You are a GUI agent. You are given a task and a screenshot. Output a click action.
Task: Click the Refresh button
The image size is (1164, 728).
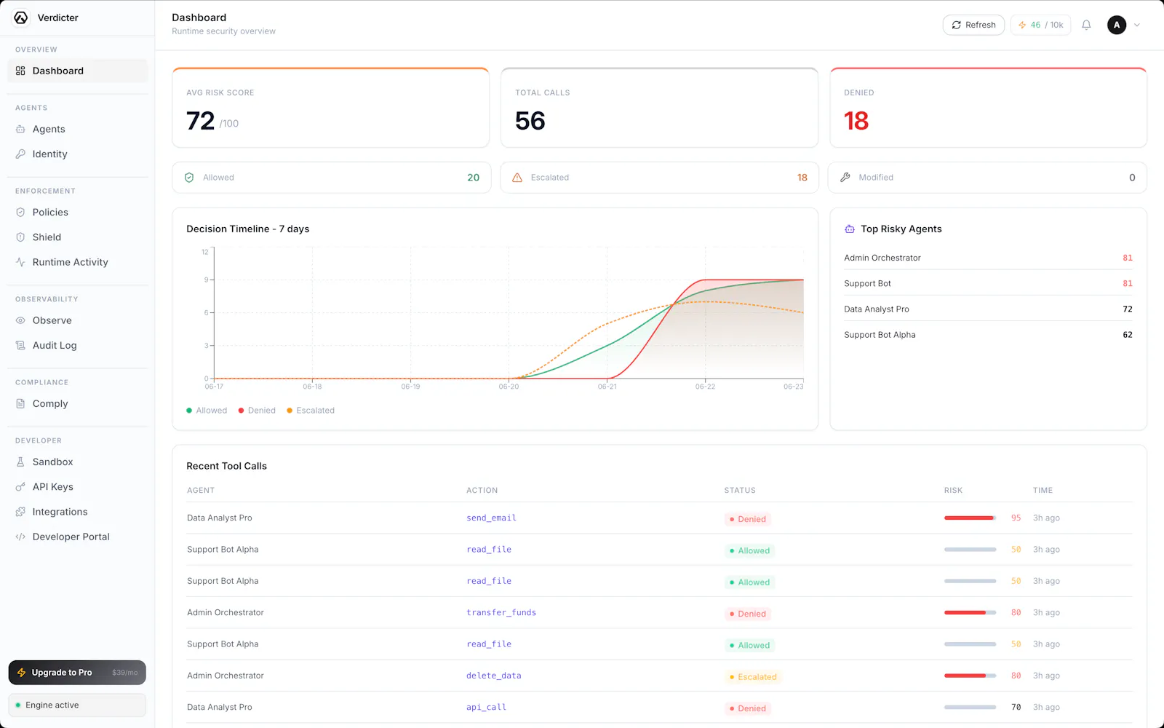click(973, 25)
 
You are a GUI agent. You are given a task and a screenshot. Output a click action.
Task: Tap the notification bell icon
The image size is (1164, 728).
click(1086, 25)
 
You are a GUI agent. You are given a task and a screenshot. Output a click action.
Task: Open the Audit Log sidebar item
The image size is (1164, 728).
click(54, 345)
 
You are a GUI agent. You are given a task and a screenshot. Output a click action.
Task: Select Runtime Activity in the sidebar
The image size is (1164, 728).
click(70, 262)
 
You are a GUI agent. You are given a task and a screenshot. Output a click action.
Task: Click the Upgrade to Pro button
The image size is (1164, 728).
click(77, 673)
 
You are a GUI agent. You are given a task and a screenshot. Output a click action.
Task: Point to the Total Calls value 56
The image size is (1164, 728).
click(530, 121)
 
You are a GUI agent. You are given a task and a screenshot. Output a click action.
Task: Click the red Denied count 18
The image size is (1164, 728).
click(856, 121)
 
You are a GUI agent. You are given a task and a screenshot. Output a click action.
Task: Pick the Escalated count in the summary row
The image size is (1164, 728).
click(802, 178)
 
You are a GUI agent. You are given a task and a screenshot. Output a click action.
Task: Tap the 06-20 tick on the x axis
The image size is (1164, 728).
click(509, 387)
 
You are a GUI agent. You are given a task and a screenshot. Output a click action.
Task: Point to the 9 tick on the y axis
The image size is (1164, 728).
click(207, 280)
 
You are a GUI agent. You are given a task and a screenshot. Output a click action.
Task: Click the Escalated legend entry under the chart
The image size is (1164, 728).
click(311, 411)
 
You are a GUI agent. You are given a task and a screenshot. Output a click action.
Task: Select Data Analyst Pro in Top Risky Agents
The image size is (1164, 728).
click(877, 309)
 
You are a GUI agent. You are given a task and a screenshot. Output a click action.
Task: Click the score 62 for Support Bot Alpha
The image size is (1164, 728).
click(1127, 335)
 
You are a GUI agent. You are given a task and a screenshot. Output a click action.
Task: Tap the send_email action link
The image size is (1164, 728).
click(491, 518)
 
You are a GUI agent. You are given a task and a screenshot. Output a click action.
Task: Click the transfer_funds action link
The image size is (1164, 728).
click(501, 612)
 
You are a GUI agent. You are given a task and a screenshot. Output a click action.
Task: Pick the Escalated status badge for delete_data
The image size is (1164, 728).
click(753, 676)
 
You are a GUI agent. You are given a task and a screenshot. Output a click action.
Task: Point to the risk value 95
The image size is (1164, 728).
click(1016, 518)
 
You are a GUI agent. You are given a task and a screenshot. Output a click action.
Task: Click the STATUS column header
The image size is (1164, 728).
click(740, 491)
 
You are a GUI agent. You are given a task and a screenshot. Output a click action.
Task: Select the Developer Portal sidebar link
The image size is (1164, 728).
click(71, 537)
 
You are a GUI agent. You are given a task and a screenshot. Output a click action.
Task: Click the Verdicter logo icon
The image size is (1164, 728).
click(21, 17)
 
